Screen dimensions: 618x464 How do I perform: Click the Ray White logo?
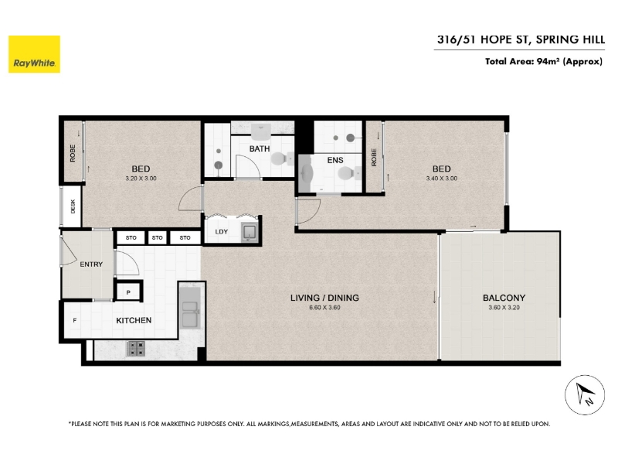point(34,54)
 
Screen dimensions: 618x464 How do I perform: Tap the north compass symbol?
point(585,395)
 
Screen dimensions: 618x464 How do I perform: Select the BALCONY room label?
point(504,298)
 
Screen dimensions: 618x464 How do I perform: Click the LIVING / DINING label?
point(324,298)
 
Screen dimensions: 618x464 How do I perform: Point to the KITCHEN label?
point(134,320)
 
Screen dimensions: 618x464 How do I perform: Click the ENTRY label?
point(91,264)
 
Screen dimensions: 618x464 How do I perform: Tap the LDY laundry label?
point(222,231)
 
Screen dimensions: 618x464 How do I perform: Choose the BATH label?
point(260,148)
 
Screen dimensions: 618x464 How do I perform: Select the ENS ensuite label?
point(335,160)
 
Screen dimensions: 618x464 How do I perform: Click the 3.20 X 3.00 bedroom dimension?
point(141,179)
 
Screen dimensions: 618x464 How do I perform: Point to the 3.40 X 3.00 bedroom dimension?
point(442,179)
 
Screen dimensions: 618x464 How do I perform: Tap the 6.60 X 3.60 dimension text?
point(324,307)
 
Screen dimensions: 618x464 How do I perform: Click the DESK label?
point(73,206)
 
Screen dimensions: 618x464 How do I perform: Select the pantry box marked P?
point(128,292)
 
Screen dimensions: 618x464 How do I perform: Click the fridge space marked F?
point(75,320)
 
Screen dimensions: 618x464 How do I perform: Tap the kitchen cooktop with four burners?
point(136,349)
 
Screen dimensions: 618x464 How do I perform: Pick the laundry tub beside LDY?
point(249,232)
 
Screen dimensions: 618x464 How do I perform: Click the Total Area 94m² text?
point(544,62)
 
